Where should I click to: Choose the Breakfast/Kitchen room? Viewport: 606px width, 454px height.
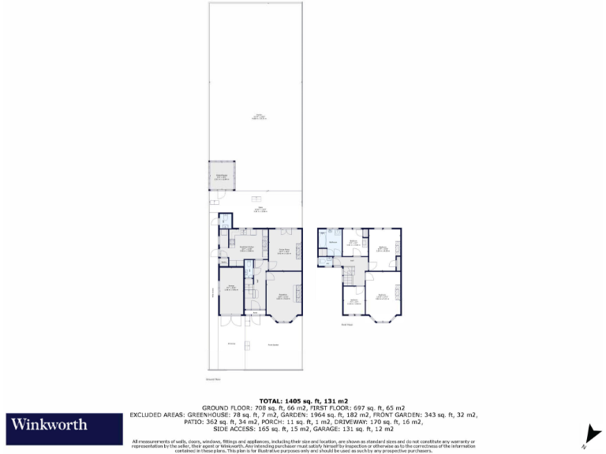246,248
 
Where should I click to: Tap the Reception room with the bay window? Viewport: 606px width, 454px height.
282,297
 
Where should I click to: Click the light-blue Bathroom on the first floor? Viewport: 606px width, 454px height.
334,242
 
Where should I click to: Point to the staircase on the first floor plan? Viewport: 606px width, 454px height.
349,276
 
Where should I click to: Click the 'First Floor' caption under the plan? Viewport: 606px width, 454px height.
346,325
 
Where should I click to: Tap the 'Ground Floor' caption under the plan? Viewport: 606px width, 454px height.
212,380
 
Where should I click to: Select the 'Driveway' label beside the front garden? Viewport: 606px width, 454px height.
232,344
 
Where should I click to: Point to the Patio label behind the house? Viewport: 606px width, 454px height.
257,209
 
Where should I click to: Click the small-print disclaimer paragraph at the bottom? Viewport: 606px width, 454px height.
303,445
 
